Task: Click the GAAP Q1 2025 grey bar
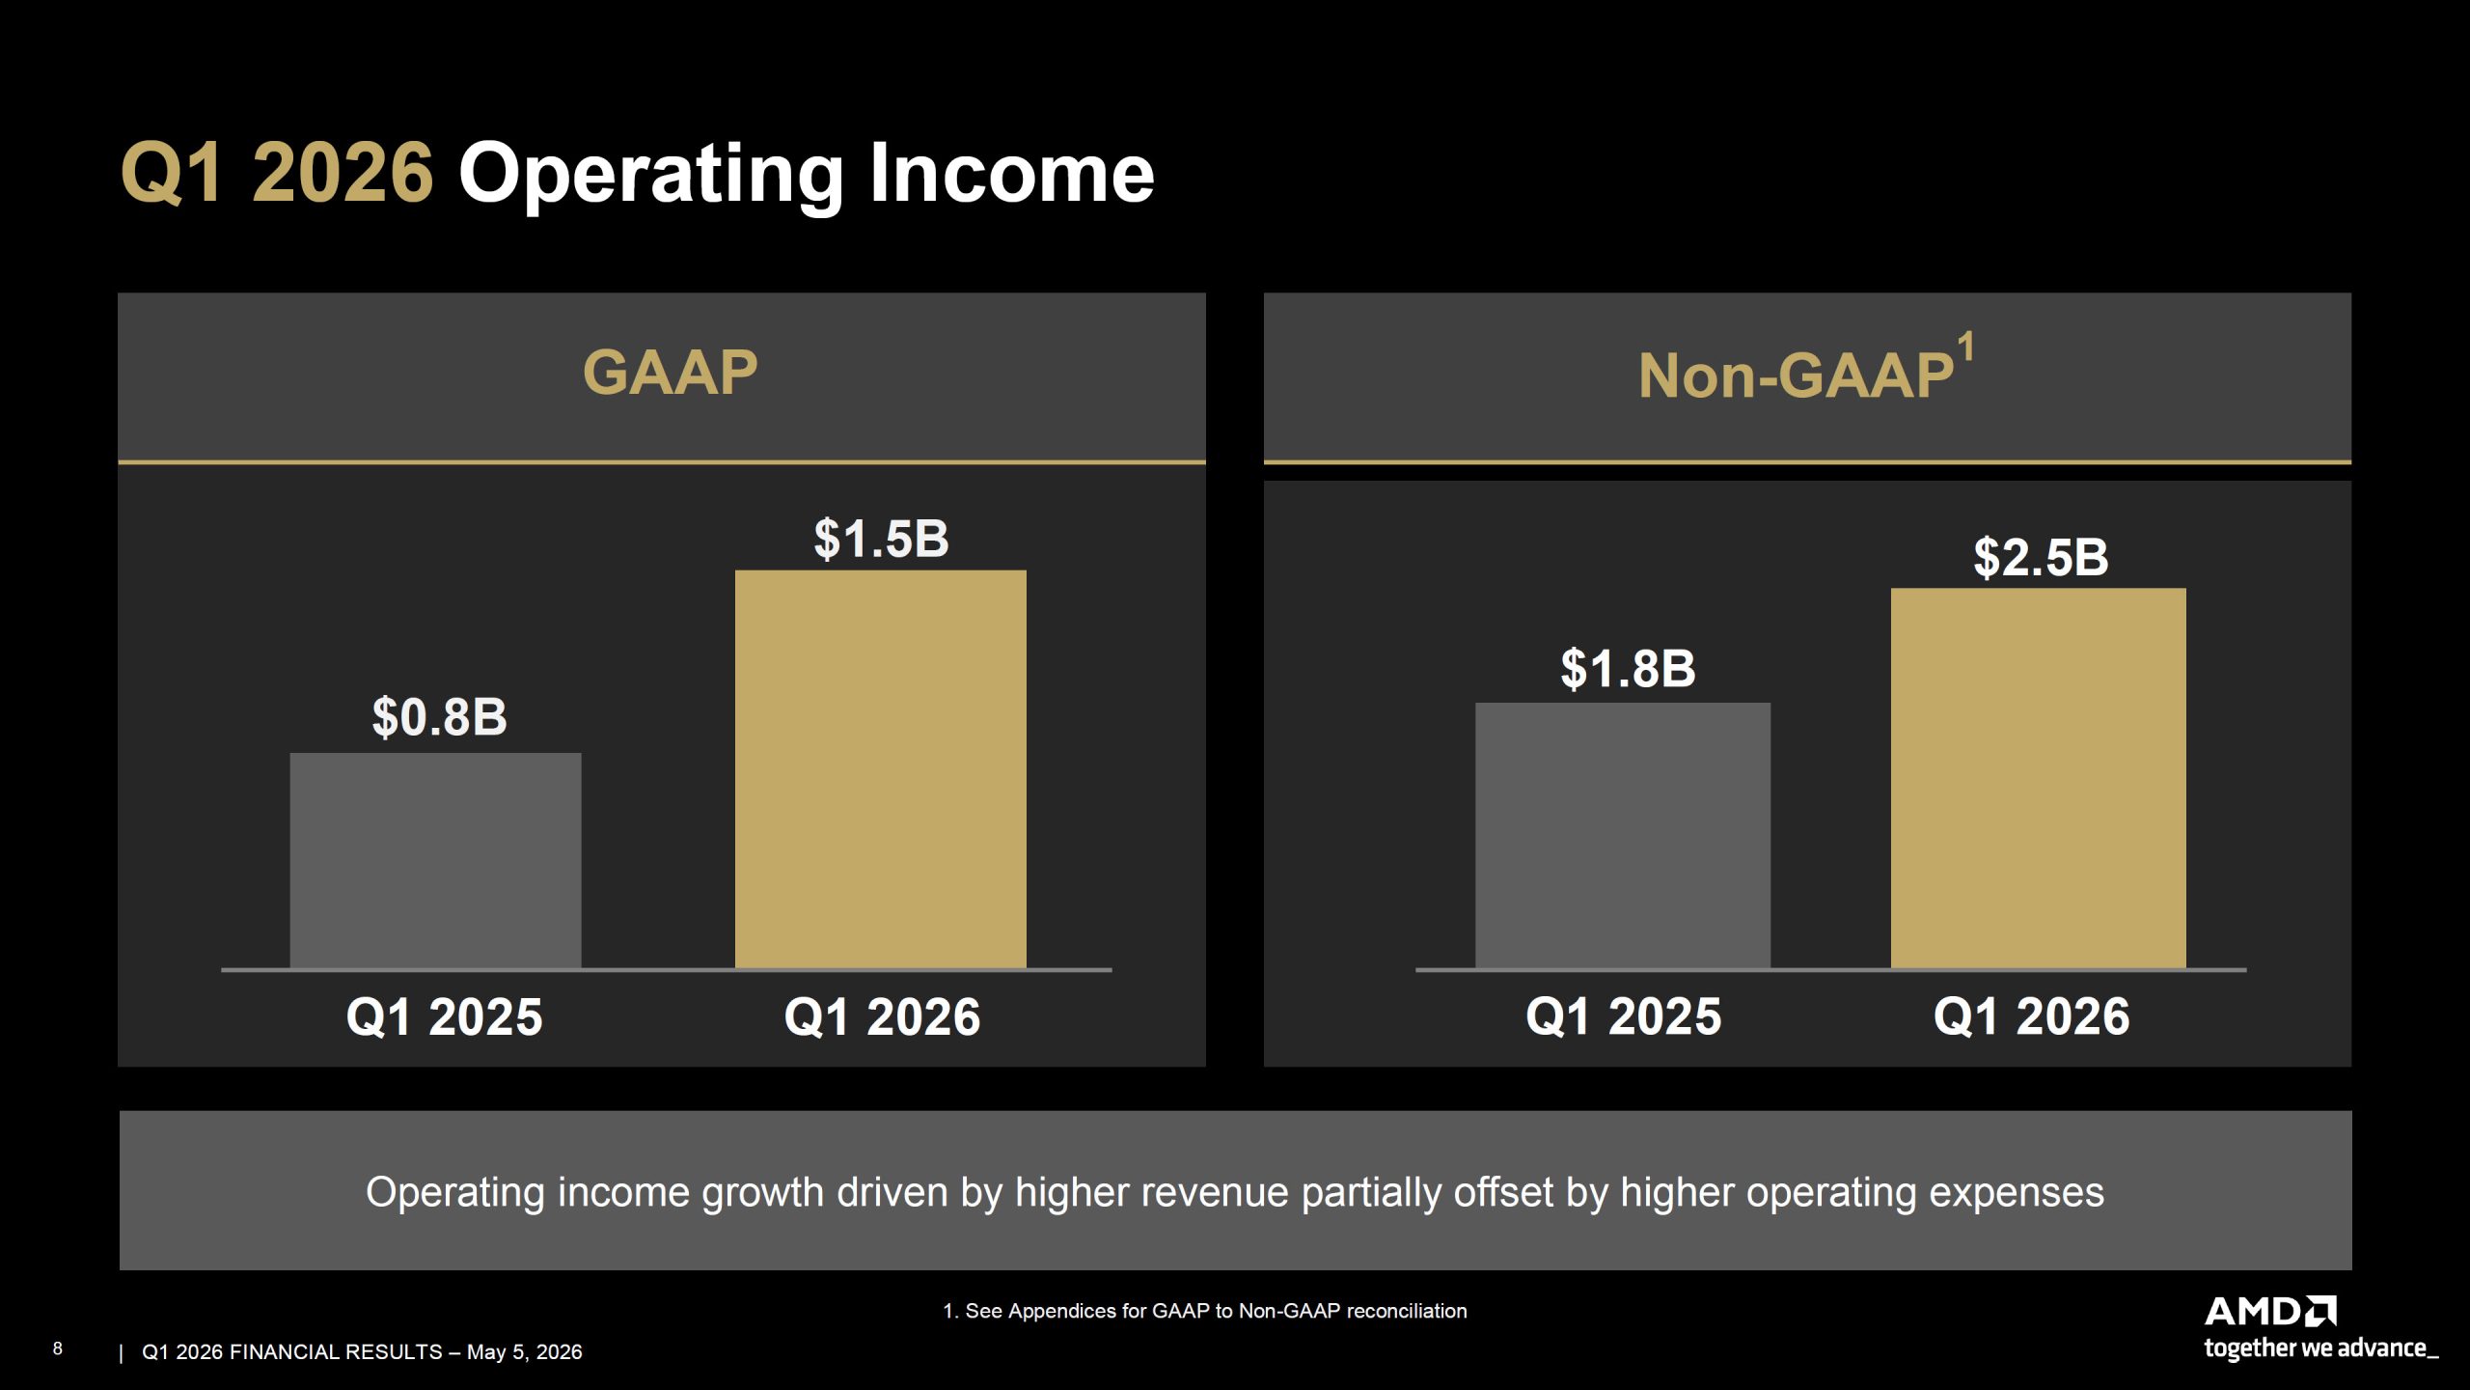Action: tap(435, 860)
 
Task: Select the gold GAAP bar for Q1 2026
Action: tap(880, 768)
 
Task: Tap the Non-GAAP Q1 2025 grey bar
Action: tap(1623, 835)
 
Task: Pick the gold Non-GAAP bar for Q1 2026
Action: tap(2038, 778)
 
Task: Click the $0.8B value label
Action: tap(440, 717)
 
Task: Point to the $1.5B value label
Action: tap(881, 539)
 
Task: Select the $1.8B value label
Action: tap(1628, 668)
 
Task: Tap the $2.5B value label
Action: tap(2041, 557)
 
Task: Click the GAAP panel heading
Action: tap(671, 373)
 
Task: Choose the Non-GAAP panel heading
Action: tap(1796, 375)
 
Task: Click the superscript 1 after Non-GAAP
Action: tap(1965, 346)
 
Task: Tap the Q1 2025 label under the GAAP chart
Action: tap(444, 1017)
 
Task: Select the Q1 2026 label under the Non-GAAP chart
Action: tap(2031, 1016)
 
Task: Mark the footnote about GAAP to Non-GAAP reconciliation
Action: tap(1204, 1311)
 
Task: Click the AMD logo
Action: tap(2270, 1312)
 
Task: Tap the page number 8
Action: tap(58, 1348)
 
